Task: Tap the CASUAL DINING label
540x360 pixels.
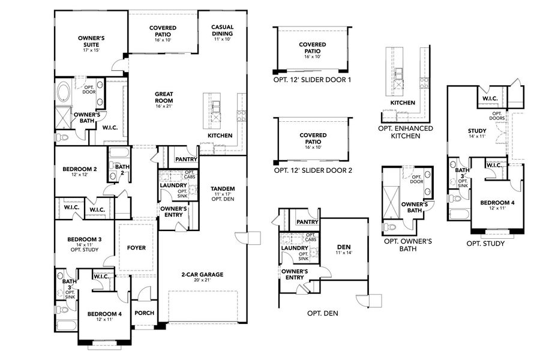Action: [x=222, y=30]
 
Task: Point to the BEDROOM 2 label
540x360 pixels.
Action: [x=80, y=169]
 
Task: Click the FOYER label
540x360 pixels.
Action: [x=137, y=247]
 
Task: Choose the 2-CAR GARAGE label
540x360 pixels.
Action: [x=202, y=274]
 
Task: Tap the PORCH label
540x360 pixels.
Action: [x=144, y=313]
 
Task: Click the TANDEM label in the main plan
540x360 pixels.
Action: [x=223, y=188]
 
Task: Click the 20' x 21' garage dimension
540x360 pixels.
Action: [x=202, y=280]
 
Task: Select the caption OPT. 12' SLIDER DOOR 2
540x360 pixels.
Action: [x=312, y=170]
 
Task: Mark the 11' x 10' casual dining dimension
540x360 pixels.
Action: [x=222, y=40]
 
